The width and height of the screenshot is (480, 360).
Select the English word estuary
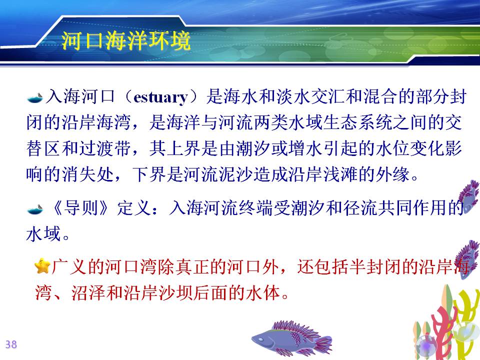(x=160, y=97)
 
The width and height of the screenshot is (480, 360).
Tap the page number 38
(x=11, y=344)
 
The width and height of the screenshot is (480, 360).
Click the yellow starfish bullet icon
(x=42, y=265)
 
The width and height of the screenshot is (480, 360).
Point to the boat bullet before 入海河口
(x=34, y=97)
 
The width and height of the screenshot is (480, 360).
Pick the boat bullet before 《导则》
(x=34, y=209)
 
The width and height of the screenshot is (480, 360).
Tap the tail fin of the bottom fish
(x=324, y=343)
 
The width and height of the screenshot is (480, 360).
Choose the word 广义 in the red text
(x=69, y=266)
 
